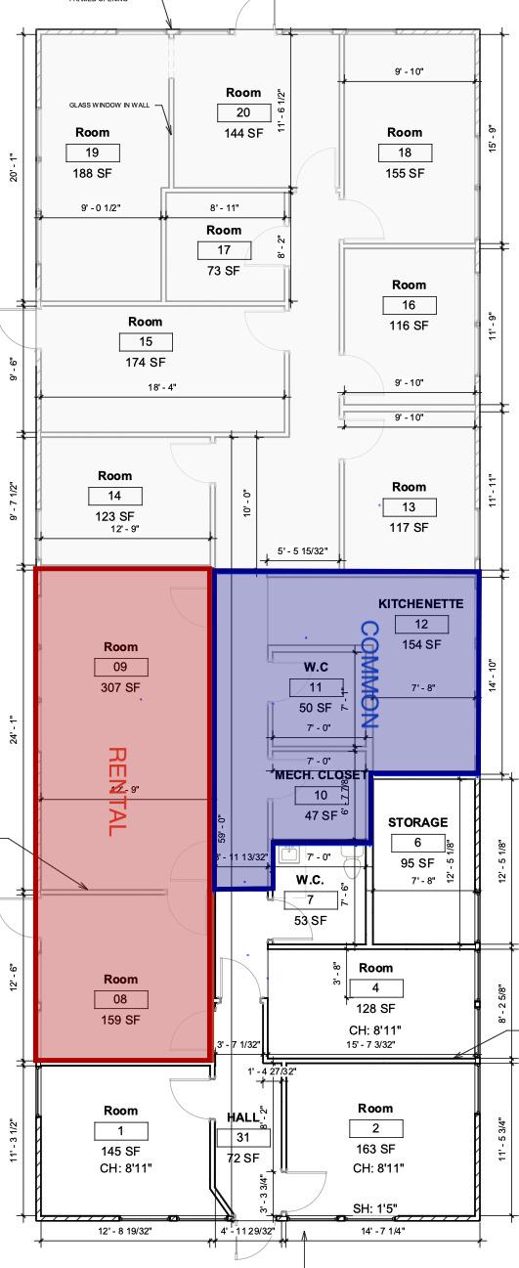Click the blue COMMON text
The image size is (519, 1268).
(x=369, y=675)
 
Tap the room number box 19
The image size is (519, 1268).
(x=93, y=153)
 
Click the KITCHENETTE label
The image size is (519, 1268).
(x=421, y=603)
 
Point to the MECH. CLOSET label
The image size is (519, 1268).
(x=321, y=774)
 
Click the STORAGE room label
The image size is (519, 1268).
(x=417, y=822)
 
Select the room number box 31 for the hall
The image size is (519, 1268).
(x=242, y=1137)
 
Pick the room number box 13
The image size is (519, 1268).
(x=409, y=507)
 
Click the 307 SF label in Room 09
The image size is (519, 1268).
(x=120, y=686)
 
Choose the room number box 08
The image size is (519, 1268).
(x=120, y=999)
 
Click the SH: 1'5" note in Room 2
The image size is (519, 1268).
(x=374, y=1209)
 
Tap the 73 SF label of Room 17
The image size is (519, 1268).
(x=224, y=271)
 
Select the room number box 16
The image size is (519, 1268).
(x=409, y=305)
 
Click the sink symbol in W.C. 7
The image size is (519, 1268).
(x=287, y=854)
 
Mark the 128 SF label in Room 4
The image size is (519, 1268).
(x=374, y=1008)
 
